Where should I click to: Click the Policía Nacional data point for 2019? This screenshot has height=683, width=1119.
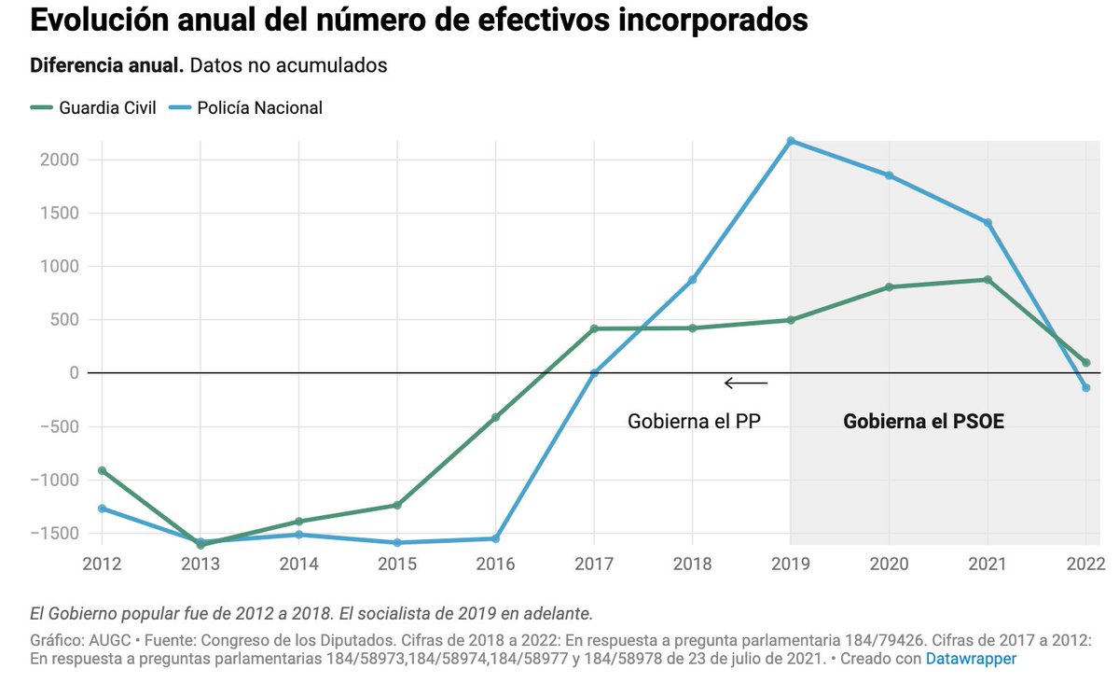pos(791,141)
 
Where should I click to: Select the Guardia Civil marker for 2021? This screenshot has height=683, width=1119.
pos(987,280)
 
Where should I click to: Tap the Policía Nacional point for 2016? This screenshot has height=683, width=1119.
pos(495,538)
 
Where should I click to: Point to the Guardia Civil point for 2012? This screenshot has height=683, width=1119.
pos(101,470)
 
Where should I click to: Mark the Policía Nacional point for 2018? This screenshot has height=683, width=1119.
pos(692,280)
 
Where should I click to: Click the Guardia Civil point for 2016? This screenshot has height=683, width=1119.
pos(495,417)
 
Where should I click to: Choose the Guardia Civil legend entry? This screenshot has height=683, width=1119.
pos(93,107)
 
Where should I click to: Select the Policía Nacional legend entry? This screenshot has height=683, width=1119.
pos(246,107)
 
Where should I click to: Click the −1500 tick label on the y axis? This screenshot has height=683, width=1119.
pos(55,533)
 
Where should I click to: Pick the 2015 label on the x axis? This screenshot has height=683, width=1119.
pos(397,564)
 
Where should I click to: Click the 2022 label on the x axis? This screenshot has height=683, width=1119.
pos(1084,564)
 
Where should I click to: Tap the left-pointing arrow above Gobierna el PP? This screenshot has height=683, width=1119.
pos(746,383)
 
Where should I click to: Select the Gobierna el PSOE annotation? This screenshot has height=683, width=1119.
pos(923,421)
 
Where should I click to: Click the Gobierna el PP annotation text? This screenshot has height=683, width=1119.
pos(694,421)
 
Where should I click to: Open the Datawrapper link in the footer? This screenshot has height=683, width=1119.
pos(971,658)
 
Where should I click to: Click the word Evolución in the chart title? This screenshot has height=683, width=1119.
pos(90,20)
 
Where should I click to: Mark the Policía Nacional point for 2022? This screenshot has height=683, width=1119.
pos(1085,387)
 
